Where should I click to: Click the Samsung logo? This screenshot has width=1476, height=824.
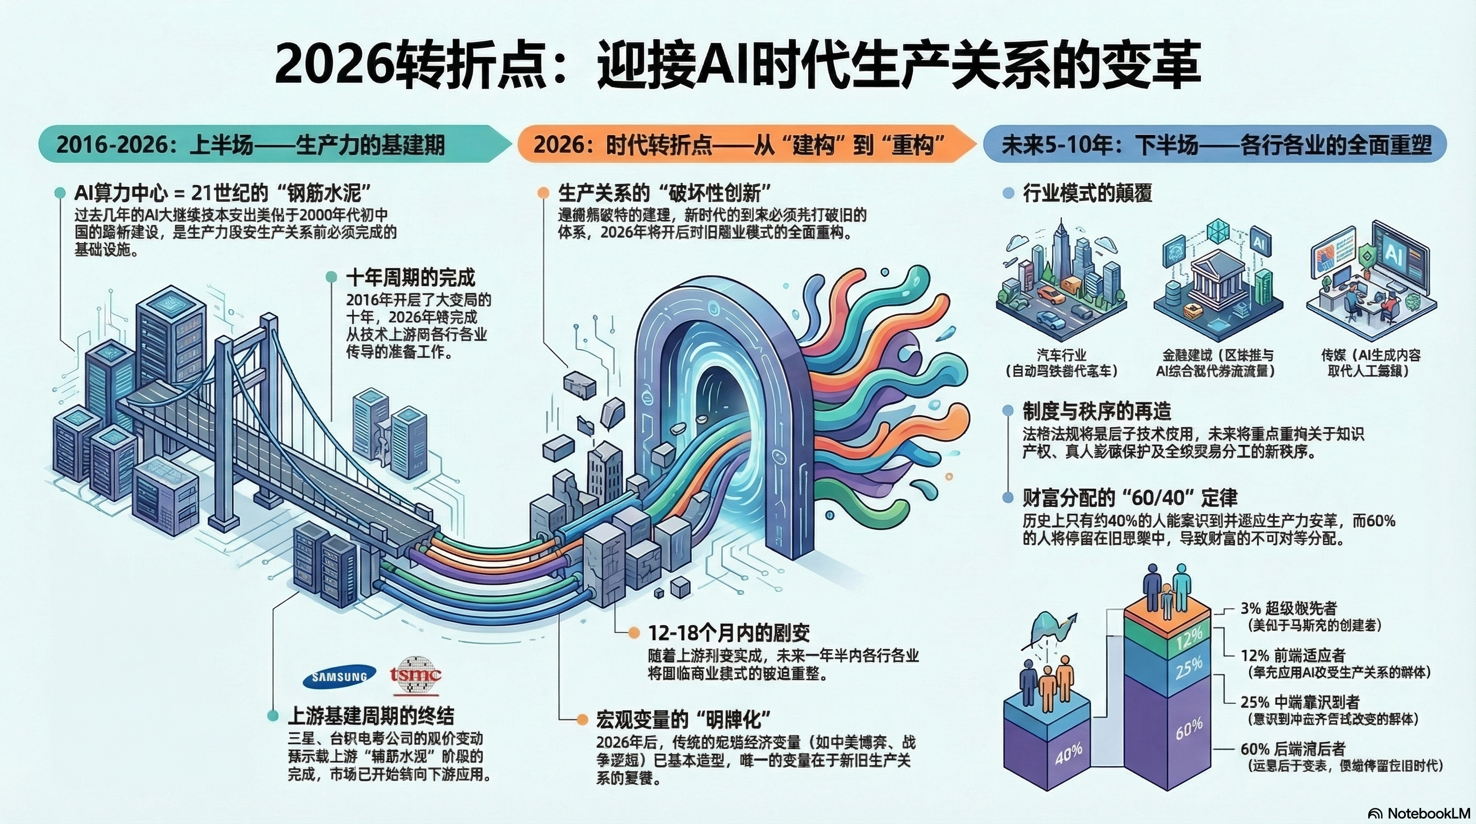coord(339,676)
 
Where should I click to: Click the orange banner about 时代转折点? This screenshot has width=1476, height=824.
coord(739,144)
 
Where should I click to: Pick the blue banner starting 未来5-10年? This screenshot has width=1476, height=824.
coord(1215,144)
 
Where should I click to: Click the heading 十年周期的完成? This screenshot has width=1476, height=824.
coord(410,278)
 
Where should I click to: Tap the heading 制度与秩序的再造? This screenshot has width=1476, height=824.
coord(1097,411)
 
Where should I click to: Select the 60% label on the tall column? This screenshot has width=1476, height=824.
coord(1189,730)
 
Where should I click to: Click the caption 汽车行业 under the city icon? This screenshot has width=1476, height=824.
coord(1062,355)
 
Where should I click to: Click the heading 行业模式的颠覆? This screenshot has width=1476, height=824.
coord(1087,194)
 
